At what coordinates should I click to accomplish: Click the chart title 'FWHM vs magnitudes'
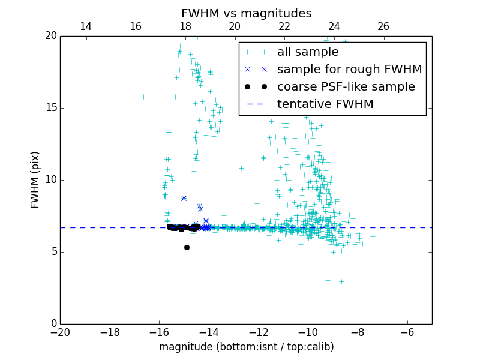(246, 13)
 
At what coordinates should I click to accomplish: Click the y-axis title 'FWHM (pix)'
(35, 180)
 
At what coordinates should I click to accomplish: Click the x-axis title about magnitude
(246, 347)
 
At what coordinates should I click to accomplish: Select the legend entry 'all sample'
(308, 52)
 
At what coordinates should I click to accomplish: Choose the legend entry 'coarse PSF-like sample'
(346, 87)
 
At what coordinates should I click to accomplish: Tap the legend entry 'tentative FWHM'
(325, 104)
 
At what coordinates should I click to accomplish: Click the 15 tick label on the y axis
(51, 108)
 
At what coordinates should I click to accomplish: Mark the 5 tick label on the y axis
(53, 252)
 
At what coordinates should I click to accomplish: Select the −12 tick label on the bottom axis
(259, 332)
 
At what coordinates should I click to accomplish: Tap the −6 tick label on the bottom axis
(407, 332)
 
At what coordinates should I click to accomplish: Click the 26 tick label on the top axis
(383, 26)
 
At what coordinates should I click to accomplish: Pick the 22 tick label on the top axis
(284, 26)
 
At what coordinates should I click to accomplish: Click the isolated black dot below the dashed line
(187, 247)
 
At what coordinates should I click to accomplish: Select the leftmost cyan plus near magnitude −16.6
(143, 97)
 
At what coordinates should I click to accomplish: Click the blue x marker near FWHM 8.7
(184, 198)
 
